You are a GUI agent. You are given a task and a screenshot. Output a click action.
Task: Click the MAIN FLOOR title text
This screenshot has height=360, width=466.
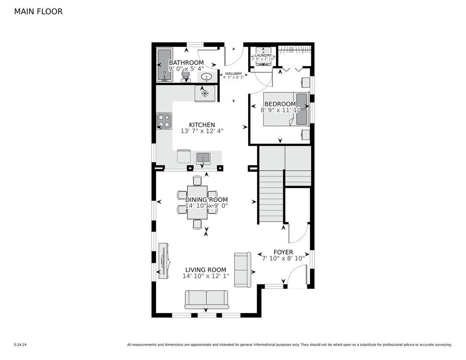(x=38, y=12)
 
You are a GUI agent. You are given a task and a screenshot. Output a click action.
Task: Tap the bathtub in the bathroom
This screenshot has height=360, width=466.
(x=165, y=65)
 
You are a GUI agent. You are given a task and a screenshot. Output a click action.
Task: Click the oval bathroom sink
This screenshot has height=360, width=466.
(x=207, y=77)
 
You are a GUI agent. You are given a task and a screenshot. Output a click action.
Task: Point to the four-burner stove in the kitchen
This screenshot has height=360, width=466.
(x=164, y=121)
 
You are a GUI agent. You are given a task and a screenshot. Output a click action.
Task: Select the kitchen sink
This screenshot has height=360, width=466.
(x=203, y=158)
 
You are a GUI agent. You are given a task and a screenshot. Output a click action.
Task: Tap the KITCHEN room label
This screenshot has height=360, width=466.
(x=202, y=125)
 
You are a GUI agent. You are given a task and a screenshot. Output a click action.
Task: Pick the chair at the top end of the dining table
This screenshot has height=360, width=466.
(x=198, y=181)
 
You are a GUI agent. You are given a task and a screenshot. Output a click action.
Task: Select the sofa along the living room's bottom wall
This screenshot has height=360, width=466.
(x=207, y=299)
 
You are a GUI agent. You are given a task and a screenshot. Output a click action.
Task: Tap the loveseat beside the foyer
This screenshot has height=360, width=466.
(x=243, y=270)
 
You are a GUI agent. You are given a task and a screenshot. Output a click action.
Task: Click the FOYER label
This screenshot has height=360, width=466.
(x=283, y=252)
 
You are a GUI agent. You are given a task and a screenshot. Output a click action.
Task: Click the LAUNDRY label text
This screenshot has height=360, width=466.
(x=263, y=56)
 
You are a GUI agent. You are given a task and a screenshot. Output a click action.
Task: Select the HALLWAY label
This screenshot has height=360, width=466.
(x=233, y=73)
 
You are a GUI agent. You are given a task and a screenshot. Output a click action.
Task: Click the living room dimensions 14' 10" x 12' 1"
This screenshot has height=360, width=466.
(x=206, y=276)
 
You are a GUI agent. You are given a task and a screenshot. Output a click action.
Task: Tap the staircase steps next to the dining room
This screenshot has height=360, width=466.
(x=271, y=198)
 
